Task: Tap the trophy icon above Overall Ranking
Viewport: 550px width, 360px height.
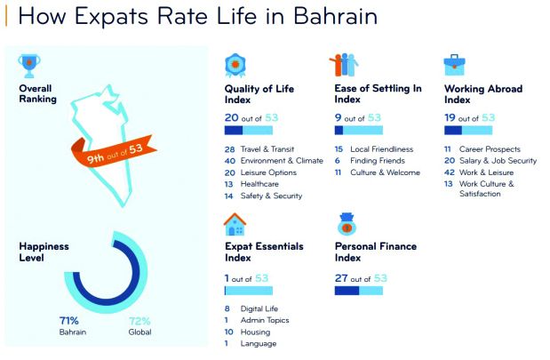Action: (30, 64)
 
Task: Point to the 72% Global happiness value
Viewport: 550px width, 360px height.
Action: (139, 320)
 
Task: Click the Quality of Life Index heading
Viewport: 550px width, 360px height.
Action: (259, 95)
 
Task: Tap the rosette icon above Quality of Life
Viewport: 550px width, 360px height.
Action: (235, 66)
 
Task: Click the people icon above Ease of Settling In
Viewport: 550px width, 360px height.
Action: (343, 66)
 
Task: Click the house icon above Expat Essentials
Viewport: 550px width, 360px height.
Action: (235, 224)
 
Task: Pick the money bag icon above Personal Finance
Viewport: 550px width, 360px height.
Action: (346, 223)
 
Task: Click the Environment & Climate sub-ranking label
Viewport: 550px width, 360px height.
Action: (282, 161)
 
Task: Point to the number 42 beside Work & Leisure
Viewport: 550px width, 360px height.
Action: (449, 172)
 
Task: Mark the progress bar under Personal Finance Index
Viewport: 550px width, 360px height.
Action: (358, 291)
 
